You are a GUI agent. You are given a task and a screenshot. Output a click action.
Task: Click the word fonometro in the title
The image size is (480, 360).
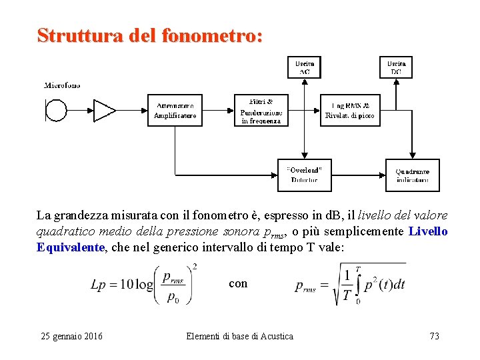pyautogui.click(x=212, y=35)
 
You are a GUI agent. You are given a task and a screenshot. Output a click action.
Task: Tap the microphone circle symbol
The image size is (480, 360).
pyautogui.click(x=56, y=110)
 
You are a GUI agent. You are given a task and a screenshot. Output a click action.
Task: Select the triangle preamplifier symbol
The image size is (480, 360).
pyautogui.click(x=103, y=110)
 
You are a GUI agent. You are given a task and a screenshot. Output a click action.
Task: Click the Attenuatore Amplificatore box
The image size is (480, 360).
pyautogui.click(x=175, y=110)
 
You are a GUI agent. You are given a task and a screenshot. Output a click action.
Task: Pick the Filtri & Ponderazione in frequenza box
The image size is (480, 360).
pyautogui.click(x=262, y=110)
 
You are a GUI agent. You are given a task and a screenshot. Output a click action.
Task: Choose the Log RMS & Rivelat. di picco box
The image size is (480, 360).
pyautogui.click(x=349, y=110)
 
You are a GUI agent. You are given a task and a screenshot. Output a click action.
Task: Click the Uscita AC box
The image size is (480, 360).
pyautogui.click(x=304, y=67)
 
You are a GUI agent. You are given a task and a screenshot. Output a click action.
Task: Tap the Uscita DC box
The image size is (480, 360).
pyautogui.click(x=397, y=67)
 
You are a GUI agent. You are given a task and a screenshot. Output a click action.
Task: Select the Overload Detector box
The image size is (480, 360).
pyautogui.click(x=304, y=175)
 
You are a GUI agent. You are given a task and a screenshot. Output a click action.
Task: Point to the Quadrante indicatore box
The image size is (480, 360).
pyautogui.click(x=413, y=175)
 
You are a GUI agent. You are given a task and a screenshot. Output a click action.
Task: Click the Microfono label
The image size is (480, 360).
pyautogui.click(x=62, y=85)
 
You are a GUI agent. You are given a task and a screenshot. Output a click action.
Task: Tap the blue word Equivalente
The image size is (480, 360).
pyautogui.click(x=71, y=247)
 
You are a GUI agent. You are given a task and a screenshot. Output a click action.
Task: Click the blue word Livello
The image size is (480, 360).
pyautogui.click(x=428, y=232)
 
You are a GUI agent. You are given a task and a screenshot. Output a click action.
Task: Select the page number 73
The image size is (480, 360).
pyautogui.click(x=434, y=336)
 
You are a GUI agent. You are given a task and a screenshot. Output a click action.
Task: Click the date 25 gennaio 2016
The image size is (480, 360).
pyautogui.click(x=72, y=336)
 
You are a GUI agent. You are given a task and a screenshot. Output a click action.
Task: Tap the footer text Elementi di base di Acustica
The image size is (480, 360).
pyautogui.click(x=239, y=336)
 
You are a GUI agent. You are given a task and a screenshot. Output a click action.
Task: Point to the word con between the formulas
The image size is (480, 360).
pyautogui.click(x=238, y=283)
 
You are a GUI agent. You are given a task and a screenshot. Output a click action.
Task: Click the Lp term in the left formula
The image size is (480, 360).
pyautogui.click(x=98, y=285)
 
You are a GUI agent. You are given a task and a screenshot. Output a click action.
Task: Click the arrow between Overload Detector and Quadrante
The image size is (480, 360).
pyautogui.click(x=358, y=175)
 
